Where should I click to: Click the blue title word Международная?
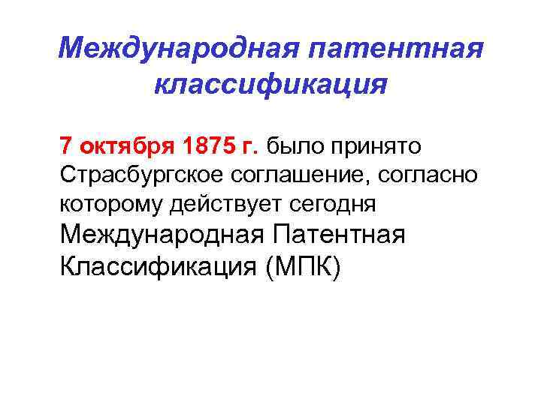point(169,49)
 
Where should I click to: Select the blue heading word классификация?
point(270,85)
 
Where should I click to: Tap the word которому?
point(109,204)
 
